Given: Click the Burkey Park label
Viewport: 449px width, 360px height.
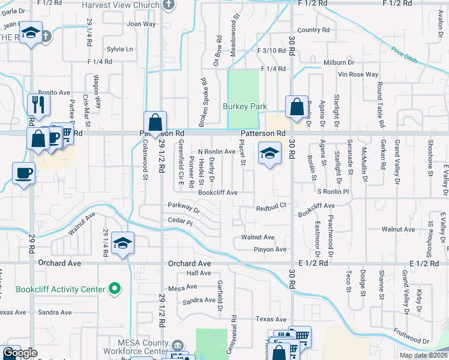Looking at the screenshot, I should point(244,106).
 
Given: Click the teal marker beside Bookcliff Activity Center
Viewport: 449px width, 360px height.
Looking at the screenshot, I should point(113,289).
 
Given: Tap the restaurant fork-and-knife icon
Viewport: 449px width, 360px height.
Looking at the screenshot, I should point(38,104).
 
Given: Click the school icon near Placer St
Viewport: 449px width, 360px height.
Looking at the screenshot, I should point(270,153).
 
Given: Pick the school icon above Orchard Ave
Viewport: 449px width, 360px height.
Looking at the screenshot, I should point(122,243).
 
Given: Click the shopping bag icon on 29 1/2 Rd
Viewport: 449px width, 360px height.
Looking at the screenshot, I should point(155,122).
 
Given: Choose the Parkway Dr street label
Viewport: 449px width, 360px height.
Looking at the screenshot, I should point(184,206).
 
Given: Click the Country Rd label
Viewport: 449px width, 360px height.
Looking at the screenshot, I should point(313,29).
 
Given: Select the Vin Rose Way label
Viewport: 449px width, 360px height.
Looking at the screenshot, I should point(358,74).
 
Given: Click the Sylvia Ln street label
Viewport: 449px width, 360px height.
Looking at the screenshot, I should point(119,49).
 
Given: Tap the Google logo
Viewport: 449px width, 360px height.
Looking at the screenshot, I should point(20,353).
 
